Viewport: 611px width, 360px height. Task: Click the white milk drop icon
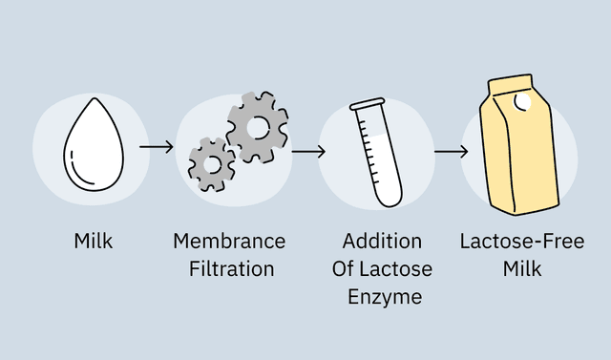tap(93, 151)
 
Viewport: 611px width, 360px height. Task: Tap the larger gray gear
tap(258, 126)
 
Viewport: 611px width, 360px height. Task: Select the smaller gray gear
tap(212, 164)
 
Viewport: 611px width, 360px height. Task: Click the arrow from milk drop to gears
tap(156, 147)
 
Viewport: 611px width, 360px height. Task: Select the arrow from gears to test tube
tap(308, 151)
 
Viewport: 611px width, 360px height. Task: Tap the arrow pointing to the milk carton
tap(451, 151)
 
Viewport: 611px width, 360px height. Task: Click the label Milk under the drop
tap(94, 241)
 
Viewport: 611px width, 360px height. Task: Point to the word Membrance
tap(229, 241)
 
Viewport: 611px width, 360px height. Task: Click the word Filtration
tap(229, 268)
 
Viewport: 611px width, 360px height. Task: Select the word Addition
tap(382, 241)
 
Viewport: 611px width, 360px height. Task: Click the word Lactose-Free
tap(522, 241)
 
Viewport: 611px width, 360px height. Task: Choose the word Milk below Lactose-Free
tap(522, 268)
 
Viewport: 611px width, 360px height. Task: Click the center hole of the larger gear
tap(259, 126)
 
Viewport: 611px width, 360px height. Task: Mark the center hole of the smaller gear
tap(212, 164)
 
